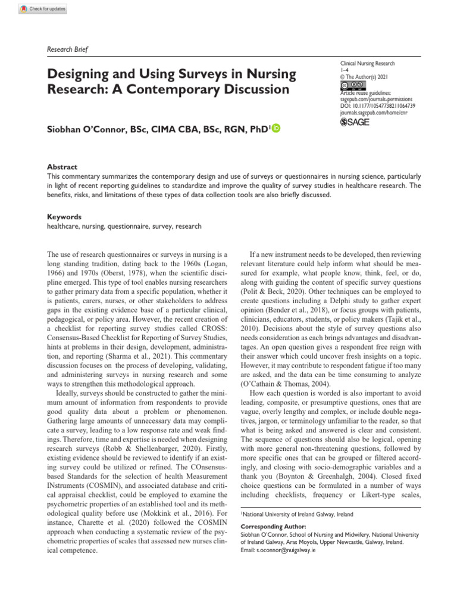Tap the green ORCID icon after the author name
click(x=276, y=129)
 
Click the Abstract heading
click(x=62, y=167)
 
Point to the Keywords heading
click(x=64, y=217)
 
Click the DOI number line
click(x=377, y=105)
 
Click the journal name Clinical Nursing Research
click(x=367, y=63)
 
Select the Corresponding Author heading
click(x=273, y=527)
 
